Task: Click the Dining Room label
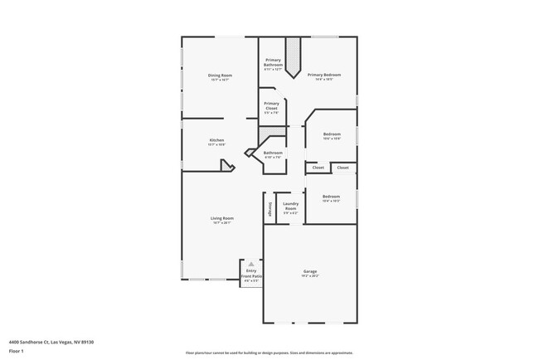pyautogui.click(x=220, y=75)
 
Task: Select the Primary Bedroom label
pyautogui.click(x=325, y=75)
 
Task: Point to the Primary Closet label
pyautogui.click(x=272, y=104)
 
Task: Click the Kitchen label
pyautogui.click(x=216, y=140)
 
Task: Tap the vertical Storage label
pyautogui.click(x=269, y=208)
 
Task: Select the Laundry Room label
pyautogui.click(x=290, y=205)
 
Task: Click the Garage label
pyautogui.click(x=311, y=271)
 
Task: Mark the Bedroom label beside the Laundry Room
pyautogui.click(x=332, y=197)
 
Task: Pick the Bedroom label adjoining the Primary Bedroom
pyautogui.click(x=332, y=134)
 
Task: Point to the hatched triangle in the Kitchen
pyautogui.click(x=225, y=166)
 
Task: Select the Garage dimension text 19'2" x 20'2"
pyautogui.click(x=311, y=276)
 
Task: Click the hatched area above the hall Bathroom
pyautogui.click(x=267, y=134)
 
